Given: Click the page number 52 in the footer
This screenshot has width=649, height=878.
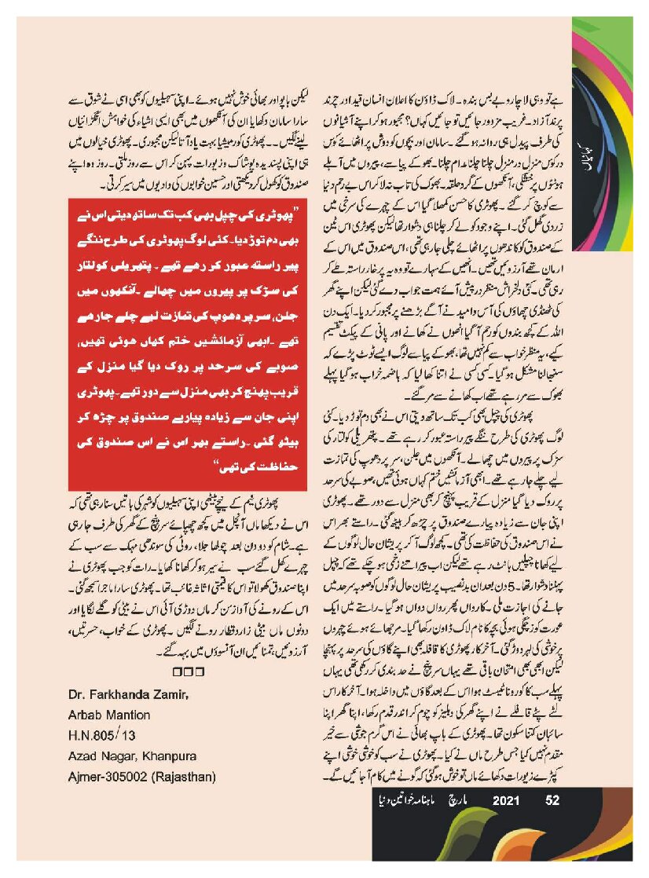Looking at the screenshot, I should click(x=552, y=801).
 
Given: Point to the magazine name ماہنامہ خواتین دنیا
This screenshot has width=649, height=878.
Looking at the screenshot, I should click(x=407, y=801).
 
